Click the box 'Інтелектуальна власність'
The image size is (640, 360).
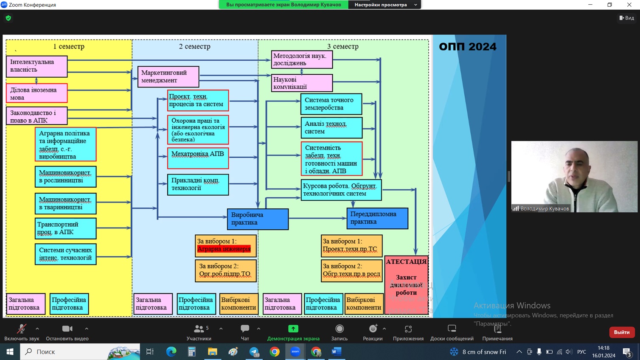(36, 66)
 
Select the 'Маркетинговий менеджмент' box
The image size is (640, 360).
(168, 76)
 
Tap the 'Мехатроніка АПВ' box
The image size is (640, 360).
(198, 157)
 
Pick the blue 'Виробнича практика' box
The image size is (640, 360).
(258, 219)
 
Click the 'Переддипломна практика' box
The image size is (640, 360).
(377, 218)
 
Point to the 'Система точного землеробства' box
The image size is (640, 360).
(331, 104)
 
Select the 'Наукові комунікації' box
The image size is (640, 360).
(301, 83)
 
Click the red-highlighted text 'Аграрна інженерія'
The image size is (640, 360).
(224, 249)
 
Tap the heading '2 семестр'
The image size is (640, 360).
(194, 46)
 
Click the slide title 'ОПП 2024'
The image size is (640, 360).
(467, 47)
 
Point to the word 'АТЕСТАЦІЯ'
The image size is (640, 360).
(406, 262)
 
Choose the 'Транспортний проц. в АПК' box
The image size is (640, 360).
(65, 228)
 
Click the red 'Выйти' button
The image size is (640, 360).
(621, 332)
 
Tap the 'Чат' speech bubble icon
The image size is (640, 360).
(245, 329)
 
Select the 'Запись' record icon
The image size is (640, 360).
(339, 329)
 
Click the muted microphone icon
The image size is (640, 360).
(21, 329)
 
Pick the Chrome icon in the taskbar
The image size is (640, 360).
(275, 352)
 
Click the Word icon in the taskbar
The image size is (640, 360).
(337, 352)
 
